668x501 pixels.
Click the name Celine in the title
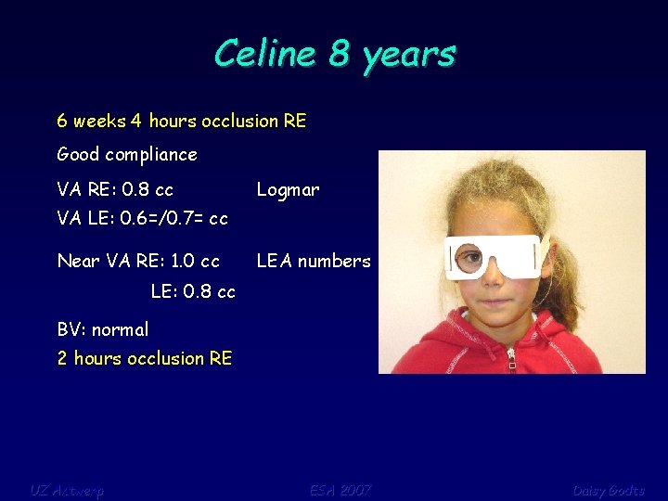(265, 54)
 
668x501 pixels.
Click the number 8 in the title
(340, 54)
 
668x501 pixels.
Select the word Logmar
(288, 190)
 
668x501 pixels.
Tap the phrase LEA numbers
(314, 262)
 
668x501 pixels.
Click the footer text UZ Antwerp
(67, 490)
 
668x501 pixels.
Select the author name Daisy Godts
(609, 490)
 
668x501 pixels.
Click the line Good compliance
(127, 155)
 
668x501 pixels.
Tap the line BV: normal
(103, 329)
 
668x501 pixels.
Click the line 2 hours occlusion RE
(145, 358)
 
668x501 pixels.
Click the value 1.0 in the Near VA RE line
(182, 262)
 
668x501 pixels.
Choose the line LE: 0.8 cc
(193, 291)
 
